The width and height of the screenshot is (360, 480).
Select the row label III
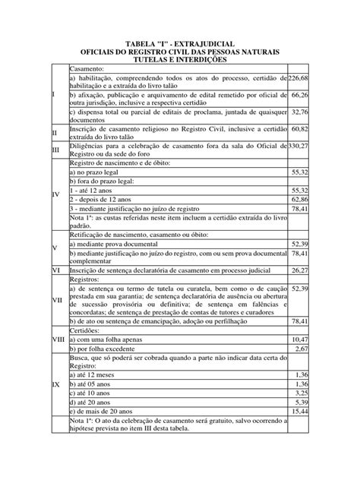pyautogui.click(x=55, y=150)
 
